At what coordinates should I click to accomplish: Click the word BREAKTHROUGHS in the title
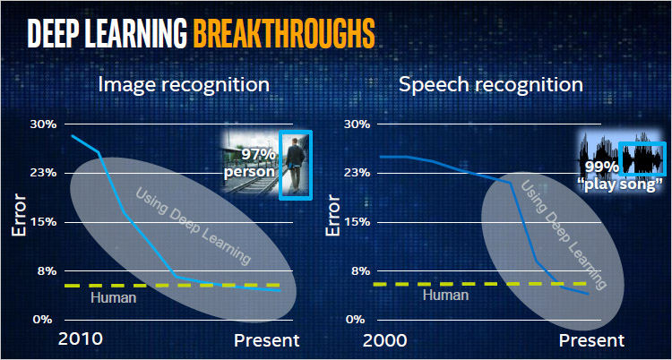pyautogui.click(x=284, y=32)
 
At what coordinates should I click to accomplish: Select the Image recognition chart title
pyautogui.click(x=184, y=85)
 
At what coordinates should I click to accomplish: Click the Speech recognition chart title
pyautogui.click(x=491, y=85)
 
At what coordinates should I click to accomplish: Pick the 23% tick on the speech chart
pyautogui.click(x=357, y=173)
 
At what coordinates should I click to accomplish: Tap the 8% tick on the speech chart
pyautogui.click(x=360, y=271)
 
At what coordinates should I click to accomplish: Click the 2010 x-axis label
pyautogui.click(x=81, y=339)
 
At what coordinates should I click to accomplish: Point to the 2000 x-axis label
pyautogui.click(x=385, y=341)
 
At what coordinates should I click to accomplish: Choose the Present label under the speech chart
pyautogui.click(x=592, y=341)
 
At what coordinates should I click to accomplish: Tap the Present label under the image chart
pyautogui.click(x=267, y=341)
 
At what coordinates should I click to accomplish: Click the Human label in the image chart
pyautogui.click(x=114, y=297)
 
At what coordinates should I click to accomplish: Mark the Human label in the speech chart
pyautogui.click(x=445, y=295)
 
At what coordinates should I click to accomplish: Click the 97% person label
pyautogui.click(x=250, y=163)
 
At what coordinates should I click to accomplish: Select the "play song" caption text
pyautogui.click(x=619, y=185)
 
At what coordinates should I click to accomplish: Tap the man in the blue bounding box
pyautogui.click(x=295, y=164)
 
